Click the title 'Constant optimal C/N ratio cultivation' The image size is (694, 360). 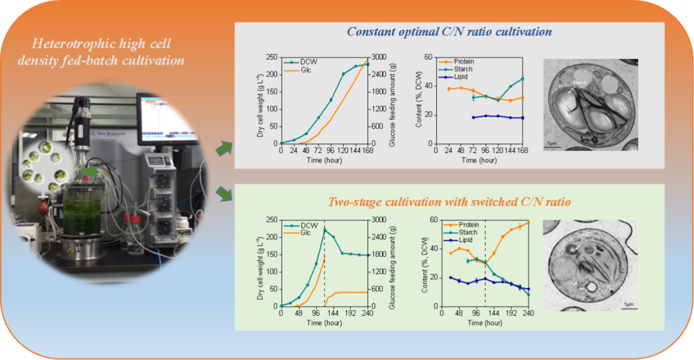click(449, 31)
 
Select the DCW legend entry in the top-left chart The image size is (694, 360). click(308, 62)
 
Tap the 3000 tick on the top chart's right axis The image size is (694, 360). click(378, 57)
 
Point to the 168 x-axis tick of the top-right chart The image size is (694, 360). click(523, 151)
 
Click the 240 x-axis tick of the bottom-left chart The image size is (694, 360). click(368, 314)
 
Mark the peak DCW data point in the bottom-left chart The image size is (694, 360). click(325, 230)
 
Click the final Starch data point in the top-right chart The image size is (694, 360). click(523, 78)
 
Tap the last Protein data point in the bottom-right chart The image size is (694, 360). click(528, 222)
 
